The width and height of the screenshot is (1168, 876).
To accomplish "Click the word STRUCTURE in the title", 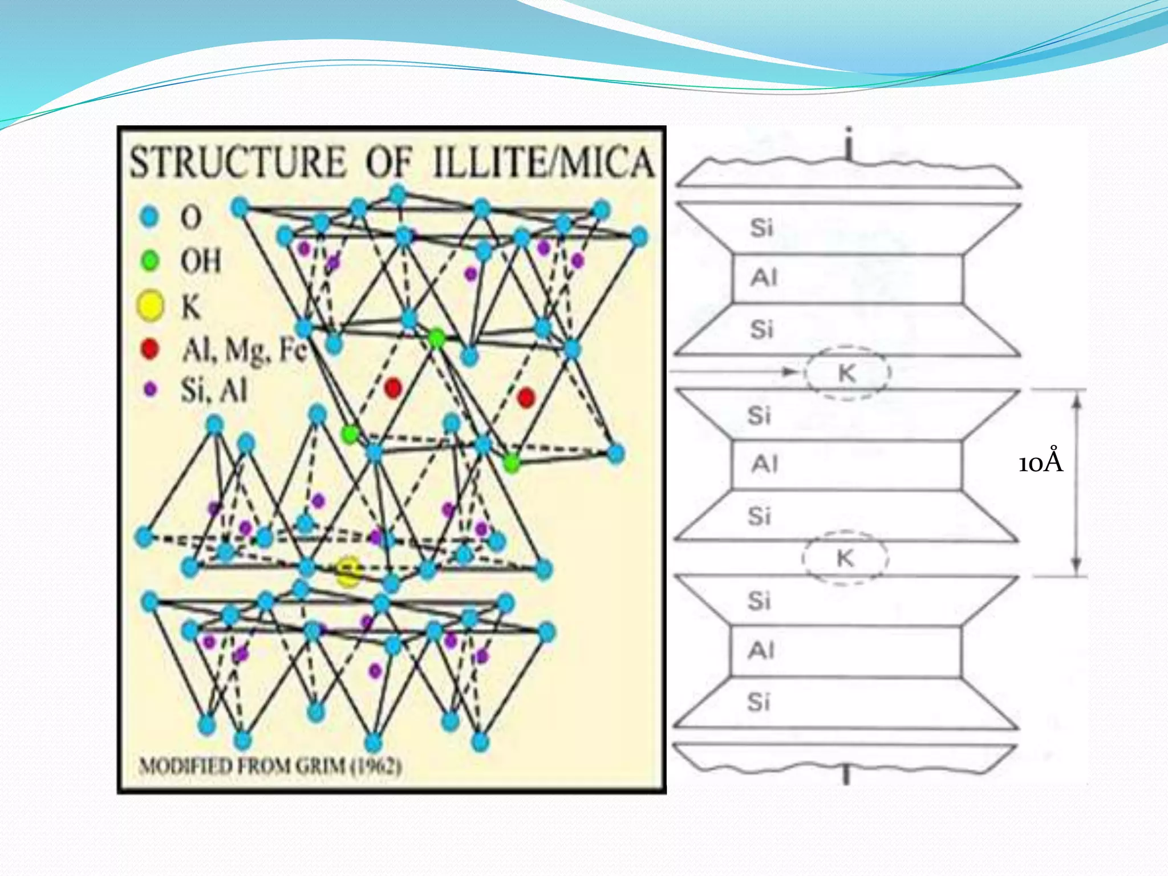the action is coord(238,162).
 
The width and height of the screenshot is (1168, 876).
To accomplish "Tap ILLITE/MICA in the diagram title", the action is coord(543,162).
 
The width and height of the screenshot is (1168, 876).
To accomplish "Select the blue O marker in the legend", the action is coord(149,217).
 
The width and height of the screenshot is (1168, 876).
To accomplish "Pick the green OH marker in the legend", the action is coord(150,261).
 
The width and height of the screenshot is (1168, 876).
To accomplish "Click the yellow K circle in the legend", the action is coord(150,306).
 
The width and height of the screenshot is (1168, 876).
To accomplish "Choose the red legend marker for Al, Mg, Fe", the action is coord(149,348).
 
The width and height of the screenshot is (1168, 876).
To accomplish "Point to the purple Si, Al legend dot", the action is coord(150,390).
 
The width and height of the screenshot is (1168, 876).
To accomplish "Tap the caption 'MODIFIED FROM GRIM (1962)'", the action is coord(270,765).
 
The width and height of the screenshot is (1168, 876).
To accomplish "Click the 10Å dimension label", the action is coord(1041,462).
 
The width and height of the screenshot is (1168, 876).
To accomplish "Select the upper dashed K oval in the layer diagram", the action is coord(847,373).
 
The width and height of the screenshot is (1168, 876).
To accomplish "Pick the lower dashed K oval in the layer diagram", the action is coord(845,558).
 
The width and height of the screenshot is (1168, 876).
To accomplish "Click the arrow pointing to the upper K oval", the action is coord(790,372).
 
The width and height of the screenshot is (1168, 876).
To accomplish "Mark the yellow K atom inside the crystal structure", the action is coord(348,571).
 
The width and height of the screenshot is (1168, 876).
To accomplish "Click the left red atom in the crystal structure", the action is coord(393,388).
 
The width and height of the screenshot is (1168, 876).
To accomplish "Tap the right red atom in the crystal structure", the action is coord(526,397).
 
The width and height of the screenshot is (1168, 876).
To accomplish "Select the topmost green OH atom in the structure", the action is coord(436,338).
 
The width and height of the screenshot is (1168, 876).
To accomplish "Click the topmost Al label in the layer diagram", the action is coord(764,278).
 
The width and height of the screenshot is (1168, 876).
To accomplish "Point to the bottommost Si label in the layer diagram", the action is coord(759,702).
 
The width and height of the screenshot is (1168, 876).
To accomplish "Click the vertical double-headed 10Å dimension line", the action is coord(1076,482).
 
